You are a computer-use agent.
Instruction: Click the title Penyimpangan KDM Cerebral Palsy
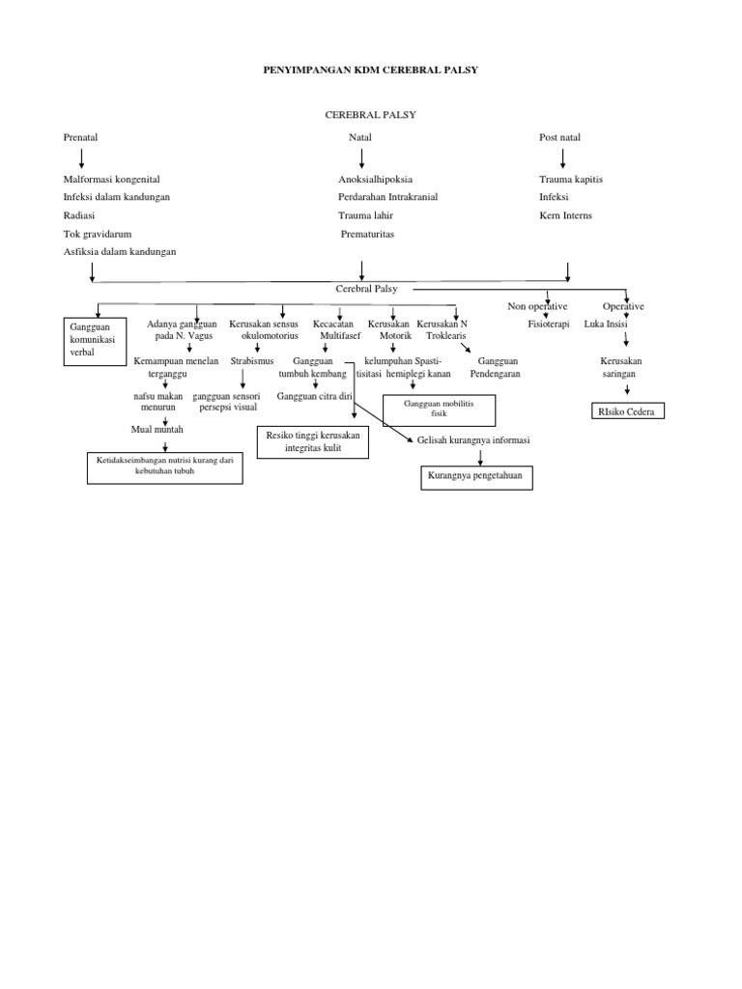point(371,71)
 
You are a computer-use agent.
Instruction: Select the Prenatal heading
point(80,137)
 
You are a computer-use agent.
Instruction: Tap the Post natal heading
point(559,137)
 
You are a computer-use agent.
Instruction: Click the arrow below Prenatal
point(81,157)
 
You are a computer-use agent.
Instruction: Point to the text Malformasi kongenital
point(111,180)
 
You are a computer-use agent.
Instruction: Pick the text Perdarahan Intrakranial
point(387,197)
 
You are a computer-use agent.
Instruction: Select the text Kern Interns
point(566,215)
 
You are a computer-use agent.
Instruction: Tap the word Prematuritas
point(368,234)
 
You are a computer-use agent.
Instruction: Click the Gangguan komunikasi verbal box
point(95,341)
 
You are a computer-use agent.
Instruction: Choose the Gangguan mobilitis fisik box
point(440,410)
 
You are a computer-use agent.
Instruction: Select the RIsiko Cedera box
point(629,412)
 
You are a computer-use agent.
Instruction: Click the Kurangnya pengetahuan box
point(477,476)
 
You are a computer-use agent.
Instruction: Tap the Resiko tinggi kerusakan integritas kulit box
point(313,443)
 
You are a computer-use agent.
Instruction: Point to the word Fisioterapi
point(549,325)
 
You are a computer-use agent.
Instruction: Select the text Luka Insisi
point(606,325)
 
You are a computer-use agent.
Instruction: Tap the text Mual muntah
point(157,429)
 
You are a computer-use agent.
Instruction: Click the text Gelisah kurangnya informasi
point(473,439)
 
